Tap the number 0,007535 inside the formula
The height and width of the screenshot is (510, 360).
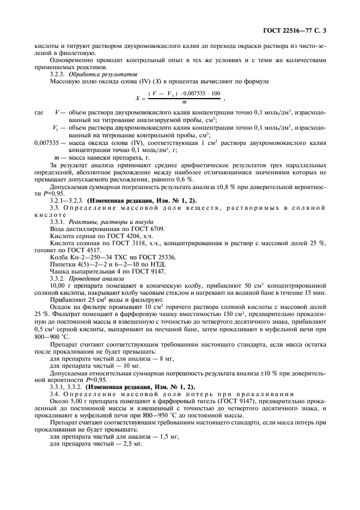tap(190, 94)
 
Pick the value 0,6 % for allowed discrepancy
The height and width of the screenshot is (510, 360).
tap(180, 179)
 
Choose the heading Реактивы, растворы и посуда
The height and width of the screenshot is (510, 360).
tap(105, 222)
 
